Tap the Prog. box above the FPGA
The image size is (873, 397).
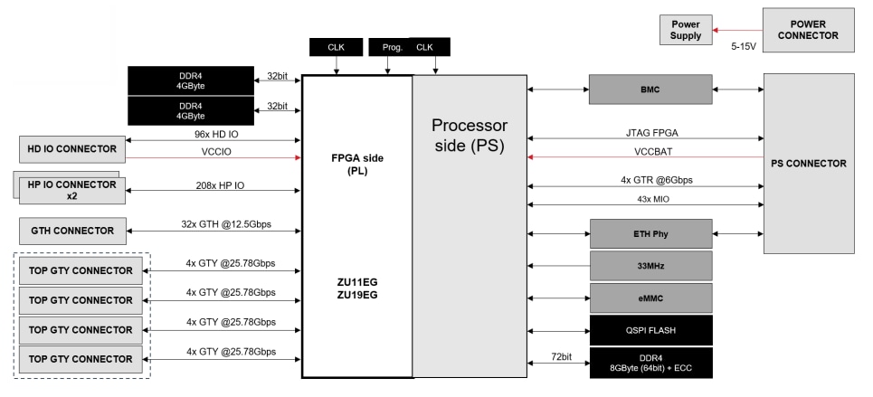(x=392, y=46)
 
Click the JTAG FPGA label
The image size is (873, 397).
(x=645, y=130)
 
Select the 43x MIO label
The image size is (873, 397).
(x=645, y=197)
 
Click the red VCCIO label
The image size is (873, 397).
(x=214, y=151)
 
